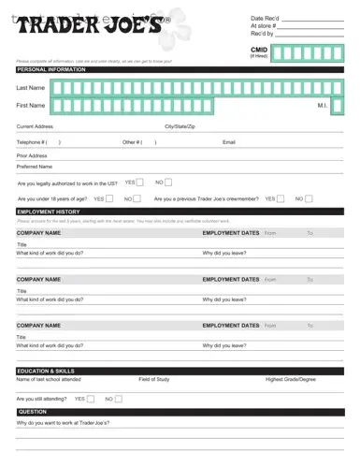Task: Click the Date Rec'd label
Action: [265, 18]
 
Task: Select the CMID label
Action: [259, 50]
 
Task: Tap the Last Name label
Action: [31, 87]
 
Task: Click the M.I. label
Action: [323, 106]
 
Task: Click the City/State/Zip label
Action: [180, 125]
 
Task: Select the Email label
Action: [229, 142]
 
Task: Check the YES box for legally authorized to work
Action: [139, 182]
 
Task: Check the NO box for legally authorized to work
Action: [168, 182]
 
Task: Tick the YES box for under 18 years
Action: [109, 198]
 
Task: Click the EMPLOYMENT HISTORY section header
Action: [48, 212]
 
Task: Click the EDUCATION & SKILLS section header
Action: [46, 371]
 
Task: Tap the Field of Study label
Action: [154, 380]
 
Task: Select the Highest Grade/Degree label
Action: [291, 380]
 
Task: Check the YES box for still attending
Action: [90, 399]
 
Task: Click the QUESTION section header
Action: [33, 412]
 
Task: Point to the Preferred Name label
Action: [35, 167]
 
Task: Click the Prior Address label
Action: [32, 155]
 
